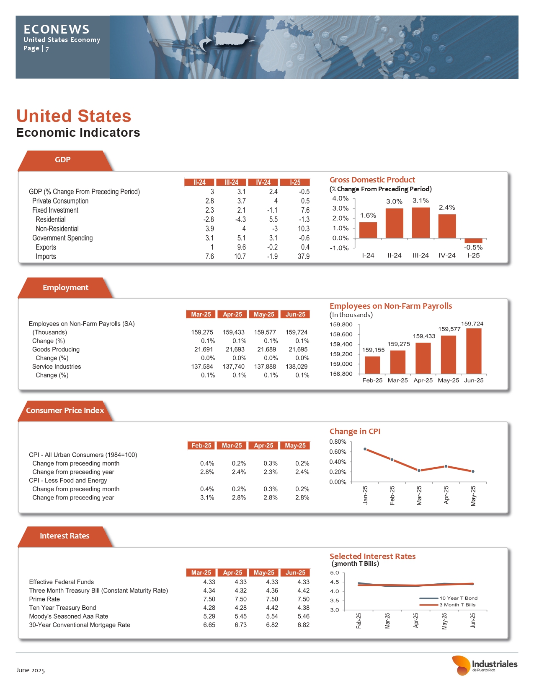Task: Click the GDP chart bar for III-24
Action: [x=420, y=223]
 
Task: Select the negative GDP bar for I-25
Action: [x=473, y=241]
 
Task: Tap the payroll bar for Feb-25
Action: [x=372, y=365]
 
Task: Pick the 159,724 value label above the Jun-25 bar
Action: [x=472, y=324]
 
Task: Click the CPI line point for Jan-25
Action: [x=365, y=449]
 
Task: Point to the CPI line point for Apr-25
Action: [x=446, y=466]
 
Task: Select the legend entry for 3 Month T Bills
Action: [x=457, y=605]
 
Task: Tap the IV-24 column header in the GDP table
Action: [x=263, y=182]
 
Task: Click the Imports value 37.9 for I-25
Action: [x=304, y=256]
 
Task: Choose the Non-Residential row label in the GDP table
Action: [x=57, y=229]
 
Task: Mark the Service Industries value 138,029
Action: [x=297, y=367]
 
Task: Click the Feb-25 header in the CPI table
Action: [x=201, y=445]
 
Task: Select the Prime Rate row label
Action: [x=44, y=599]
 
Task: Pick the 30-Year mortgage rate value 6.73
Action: [x=240, y=625]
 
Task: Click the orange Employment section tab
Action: [x=65, y=288]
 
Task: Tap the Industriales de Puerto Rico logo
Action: [x=485, y=665]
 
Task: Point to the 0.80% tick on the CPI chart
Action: [x=338, y=442]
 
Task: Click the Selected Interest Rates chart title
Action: [x=372, y=556]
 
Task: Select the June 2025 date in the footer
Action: [x=30, y=670]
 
